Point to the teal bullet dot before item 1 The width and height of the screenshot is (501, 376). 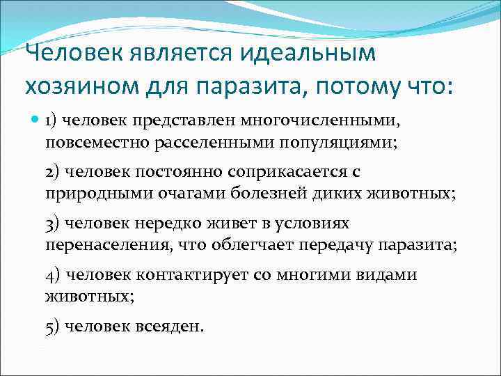(x=35, y=119)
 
